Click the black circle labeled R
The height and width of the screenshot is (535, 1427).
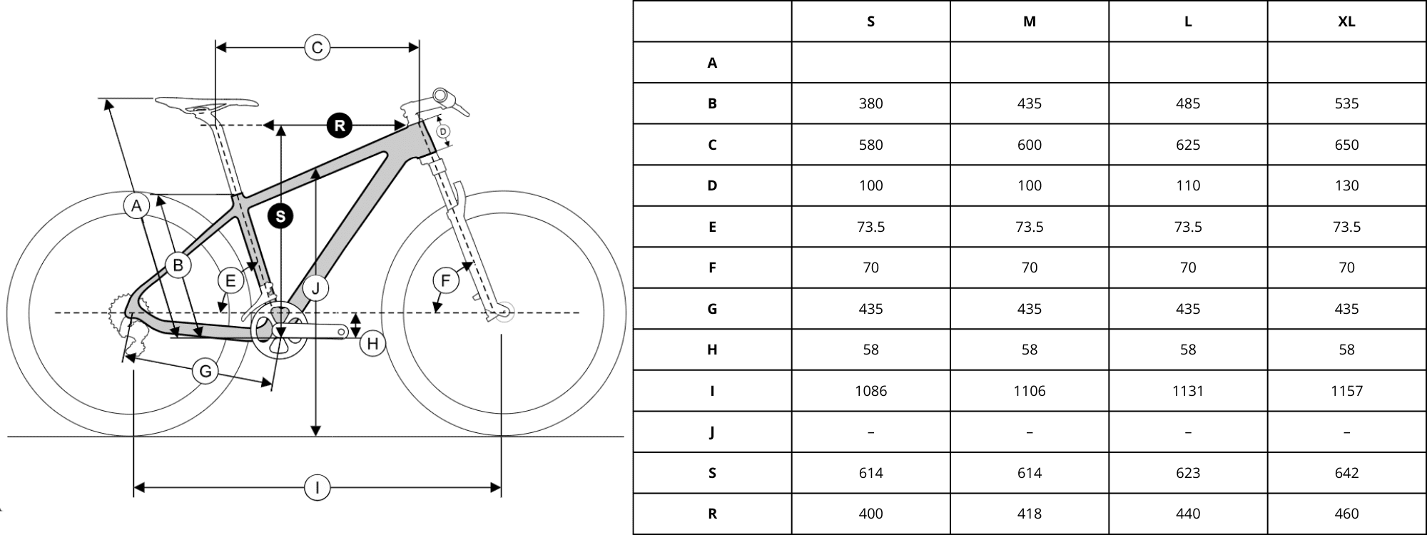coord(340,126)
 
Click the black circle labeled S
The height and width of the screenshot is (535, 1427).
coord(280,216)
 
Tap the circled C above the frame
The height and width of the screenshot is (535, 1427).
coord(317,48)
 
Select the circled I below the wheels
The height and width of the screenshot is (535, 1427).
coord(317,488)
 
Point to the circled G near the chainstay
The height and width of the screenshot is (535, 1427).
coord(205,371)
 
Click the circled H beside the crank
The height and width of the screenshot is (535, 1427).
coord(372,344)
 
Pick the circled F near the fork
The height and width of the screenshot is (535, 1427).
coord(446,280)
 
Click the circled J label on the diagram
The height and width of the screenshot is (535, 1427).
coord(315,288)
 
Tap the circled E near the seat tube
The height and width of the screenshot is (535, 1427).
coord(230,280)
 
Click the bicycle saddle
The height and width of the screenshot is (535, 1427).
coord(207,104)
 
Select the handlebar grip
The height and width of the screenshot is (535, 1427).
coord(444,96)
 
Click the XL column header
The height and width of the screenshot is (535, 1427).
coord(1346,21)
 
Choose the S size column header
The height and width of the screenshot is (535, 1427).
coord(870,21)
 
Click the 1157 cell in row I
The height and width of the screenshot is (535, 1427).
coord(1346,391)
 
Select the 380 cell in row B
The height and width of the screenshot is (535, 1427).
coord(870,103)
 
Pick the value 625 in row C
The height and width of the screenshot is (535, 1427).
coord(1188,145)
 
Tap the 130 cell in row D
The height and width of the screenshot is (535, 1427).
coord(1346,185)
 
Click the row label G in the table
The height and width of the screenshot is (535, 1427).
coord(712,309)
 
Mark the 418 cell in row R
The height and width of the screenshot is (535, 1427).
coord(1029,514)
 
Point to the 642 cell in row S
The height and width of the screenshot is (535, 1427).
coord(1346,473)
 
